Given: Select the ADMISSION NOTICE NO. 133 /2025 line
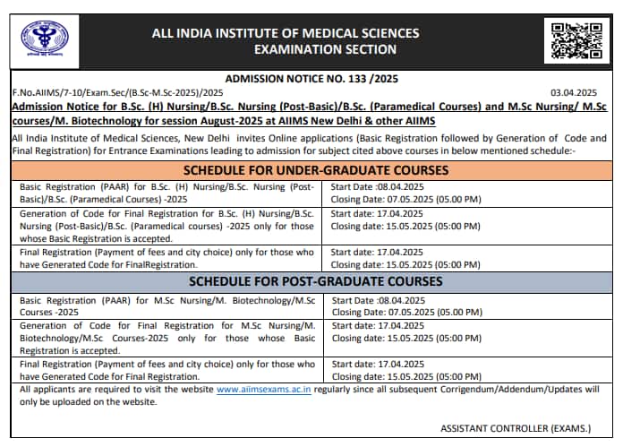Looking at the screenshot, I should click(x=311, y=79).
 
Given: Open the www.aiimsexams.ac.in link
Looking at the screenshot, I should click(x=264, y=391).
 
